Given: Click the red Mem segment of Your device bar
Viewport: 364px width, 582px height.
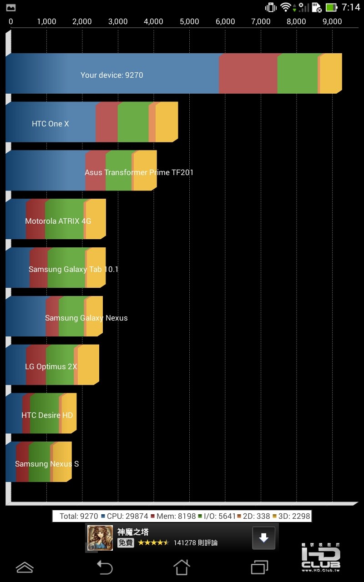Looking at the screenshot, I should coord(248,73).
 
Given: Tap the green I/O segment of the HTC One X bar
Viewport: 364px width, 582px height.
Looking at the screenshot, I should coord(133,122).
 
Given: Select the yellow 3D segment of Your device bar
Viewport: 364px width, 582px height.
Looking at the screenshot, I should coord(330,73).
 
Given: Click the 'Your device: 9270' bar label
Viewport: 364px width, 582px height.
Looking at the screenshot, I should coord(111,75).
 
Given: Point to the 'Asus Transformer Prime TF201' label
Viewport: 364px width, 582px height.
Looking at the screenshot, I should coord(139,172).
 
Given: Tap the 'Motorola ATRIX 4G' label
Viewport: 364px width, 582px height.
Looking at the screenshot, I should coord(58,221).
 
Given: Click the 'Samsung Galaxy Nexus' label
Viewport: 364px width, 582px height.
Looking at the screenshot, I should coord(86,318).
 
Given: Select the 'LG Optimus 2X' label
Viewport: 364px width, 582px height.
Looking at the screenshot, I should coord(51,366).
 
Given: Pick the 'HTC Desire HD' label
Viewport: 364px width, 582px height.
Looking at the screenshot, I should coord(47,415).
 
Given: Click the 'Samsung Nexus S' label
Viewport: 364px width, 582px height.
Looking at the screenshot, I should coord(47,464).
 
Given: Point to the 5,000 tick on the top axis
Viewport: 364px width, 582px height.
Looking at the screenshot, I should coord(189,21).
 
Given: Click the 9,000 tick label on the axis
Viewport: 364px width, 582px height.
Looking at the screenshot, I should coord(332,21).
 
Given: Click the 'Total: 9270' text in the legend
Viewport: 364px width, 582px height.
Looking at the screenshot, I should coord(79,516).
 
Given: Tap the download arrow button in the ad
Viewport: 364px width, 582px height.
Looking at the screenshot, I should coord(264,538).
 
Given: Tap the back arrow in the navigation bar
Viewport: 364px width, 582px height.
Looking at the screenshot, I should coord(105,567).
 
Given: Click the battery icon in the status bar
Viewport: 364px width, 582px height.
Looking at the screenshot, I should coord(331,7).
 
